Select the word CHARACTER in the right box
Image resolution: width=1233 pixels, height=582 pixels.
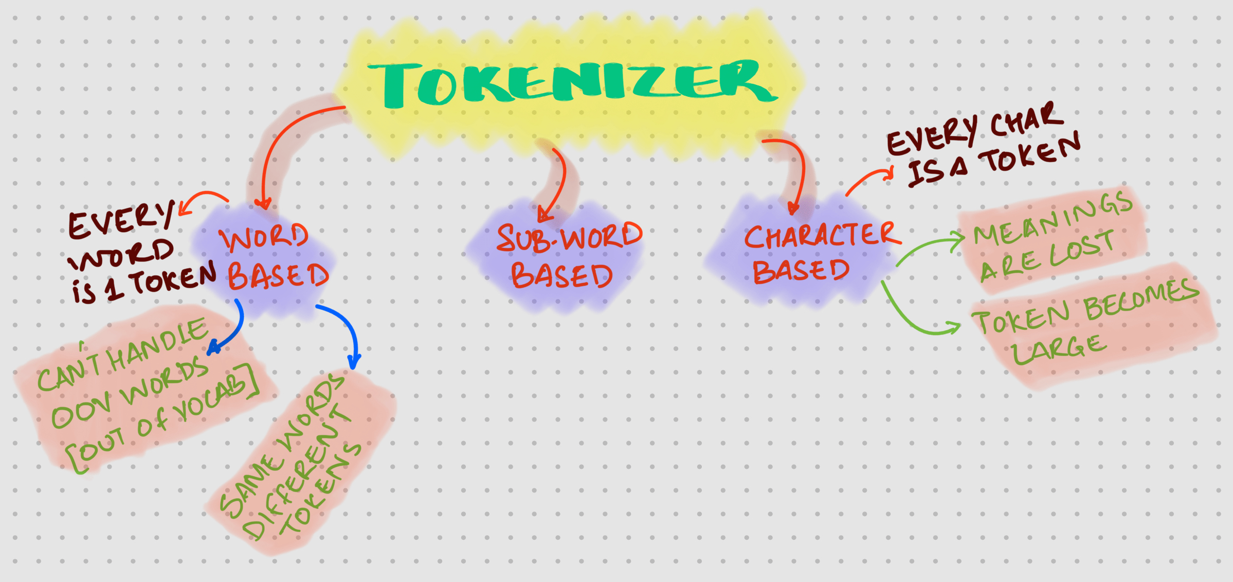(820, 236)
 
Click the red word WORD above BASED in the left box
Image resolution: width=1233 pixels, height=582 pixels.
(264, 238)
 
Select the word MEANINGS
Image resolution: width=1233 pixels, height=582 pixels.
(1051, 218)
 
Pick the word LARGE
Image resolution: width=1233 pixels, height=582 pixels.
(1057, 350)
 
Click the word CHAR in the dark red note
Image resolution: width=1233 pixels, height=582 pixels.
(1026, 121)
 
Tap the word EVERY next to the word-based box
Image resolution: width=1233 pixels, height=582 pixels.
(121, 221)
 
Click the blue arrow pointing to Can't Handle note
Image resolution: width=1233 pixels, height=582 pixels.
(231, 329)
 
